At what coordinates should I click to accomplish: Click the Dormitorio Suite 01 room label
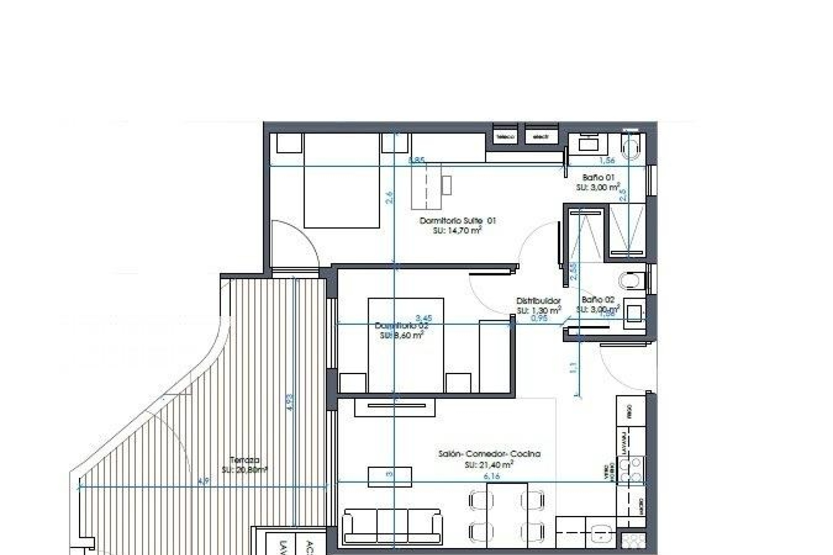[457, 221]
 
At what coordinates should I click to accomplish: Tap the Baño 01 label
[598, 177]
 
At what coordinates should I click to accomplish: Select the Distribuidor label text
[538, 300]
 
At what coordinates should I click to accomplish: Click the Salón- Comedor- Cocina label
[489, 454]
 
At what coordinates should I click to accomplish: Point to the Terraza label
[245, 460]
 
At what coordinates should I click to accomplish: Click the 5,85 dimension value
[416, 160]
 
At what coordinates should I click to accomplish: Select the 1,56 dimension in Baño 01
[607, 160]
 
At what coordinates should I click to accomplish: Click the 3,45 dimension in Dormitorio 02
[424, 318]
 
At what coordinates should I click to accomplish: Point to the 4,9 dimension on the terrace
[203, 481]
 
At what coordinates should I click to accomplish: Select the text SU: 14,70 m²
[457, 231]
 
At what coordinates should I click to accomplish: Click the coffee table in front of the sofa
[390, 477]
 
